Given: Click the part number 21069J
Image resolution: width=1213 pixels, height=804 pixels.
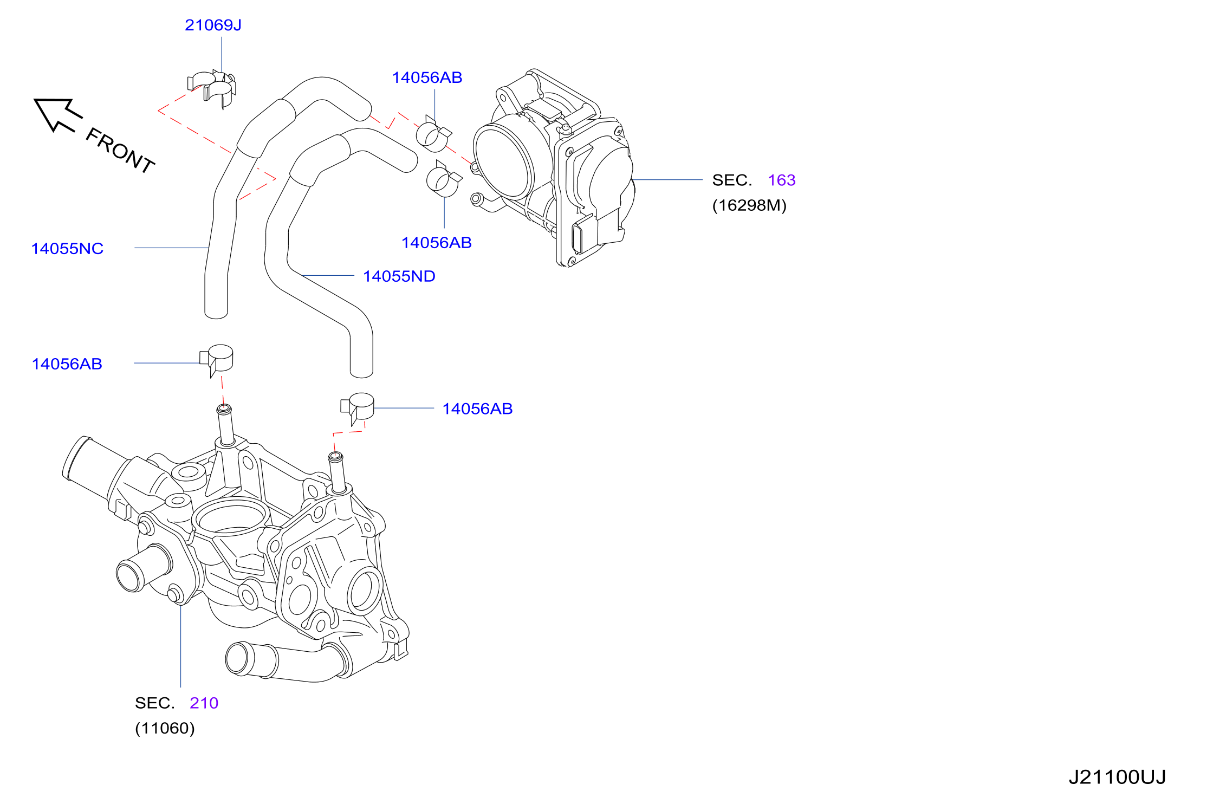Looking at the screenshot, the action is click(x=213, y=25).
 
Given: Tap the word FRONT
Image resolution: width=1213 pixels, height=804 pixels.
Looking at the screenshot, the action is click(x=121, y=150).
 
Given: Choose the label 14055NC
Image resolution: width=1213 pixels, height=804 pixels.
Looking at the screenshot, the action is click(x=67, y=249).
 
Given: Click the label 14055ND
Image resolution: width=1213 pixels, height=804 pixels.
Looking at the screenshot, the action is click(x=399, y=276).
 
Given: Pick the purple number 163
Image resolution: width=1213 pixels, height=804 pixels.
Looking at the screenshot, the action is click(x=782, y=180).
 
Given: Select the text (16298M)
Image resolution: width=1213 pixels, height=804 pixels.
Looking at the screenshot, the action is click(x=749, y=205).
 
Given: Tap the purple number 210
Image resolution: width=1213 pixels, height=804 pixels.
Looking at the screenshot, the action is click(x=204, y=703).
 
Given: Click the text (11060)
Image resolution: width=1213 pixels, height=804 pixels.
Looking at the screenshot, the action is click(x=165, y=728).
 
